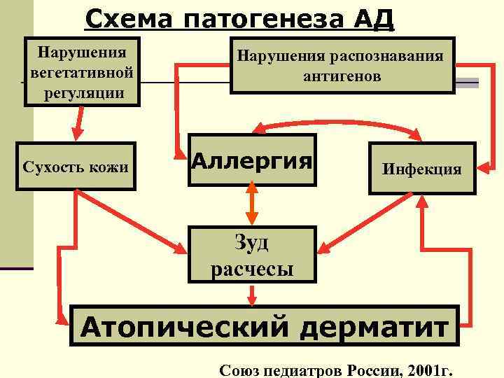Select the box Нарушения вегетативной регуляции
[x=82, y=72]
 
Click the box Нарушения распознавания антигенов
[x=342, y=65]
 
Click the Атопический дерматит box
[x=264, y=325]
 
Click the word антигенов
[x=342, y=76]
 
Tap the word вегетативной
[x=82, y=72]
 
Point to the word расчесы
[x=252, y=268]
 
